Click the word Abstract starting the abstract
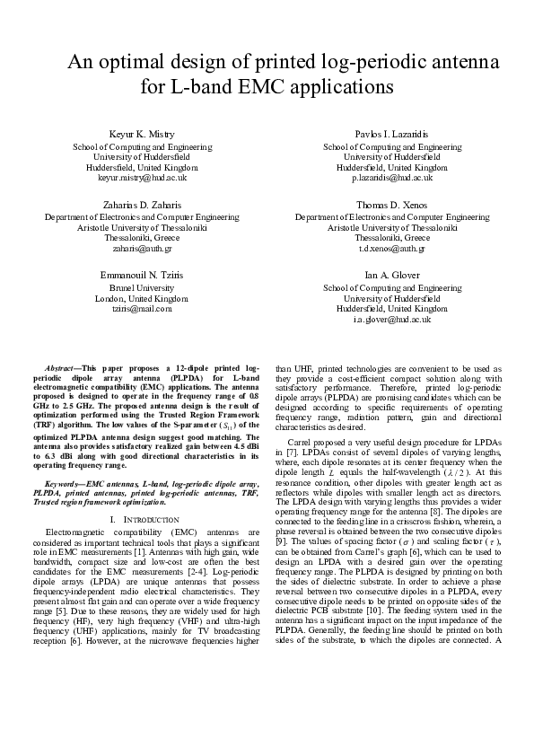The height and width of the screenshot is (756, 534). coord(59,369)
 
